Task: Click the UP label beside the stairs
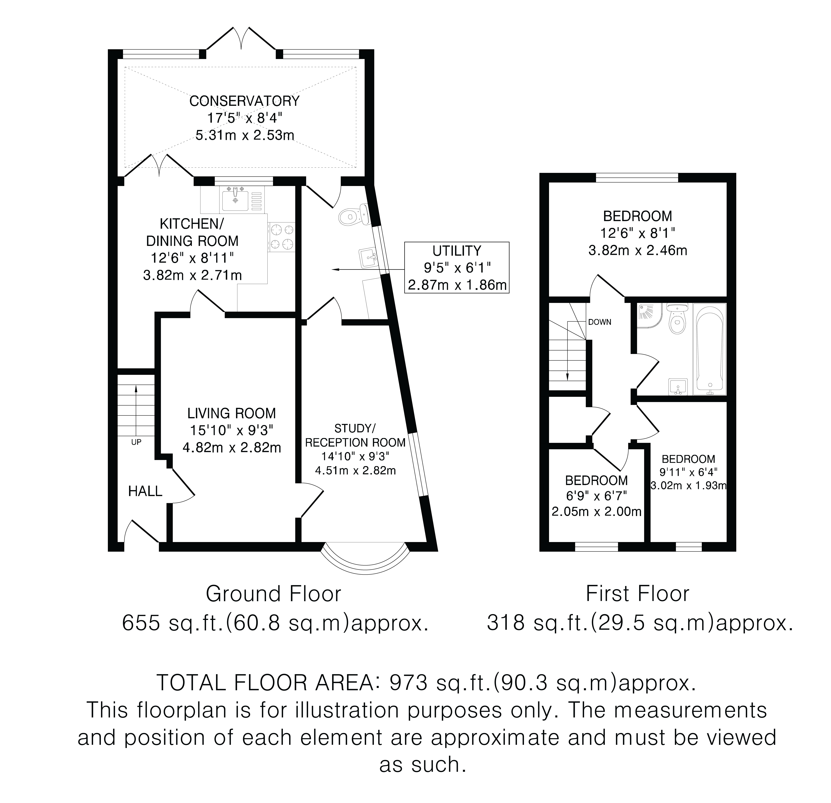tap(136, 442)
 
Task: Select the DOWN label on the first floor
tap(599, 322)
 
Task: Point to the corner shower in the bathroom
tap(649, 316)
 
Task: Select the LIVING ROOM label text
tap(232, 413)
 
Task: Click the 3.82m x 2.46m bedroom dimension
tap(638, 250)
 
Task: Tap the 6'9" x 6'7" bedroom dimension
tap(596, 496)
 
